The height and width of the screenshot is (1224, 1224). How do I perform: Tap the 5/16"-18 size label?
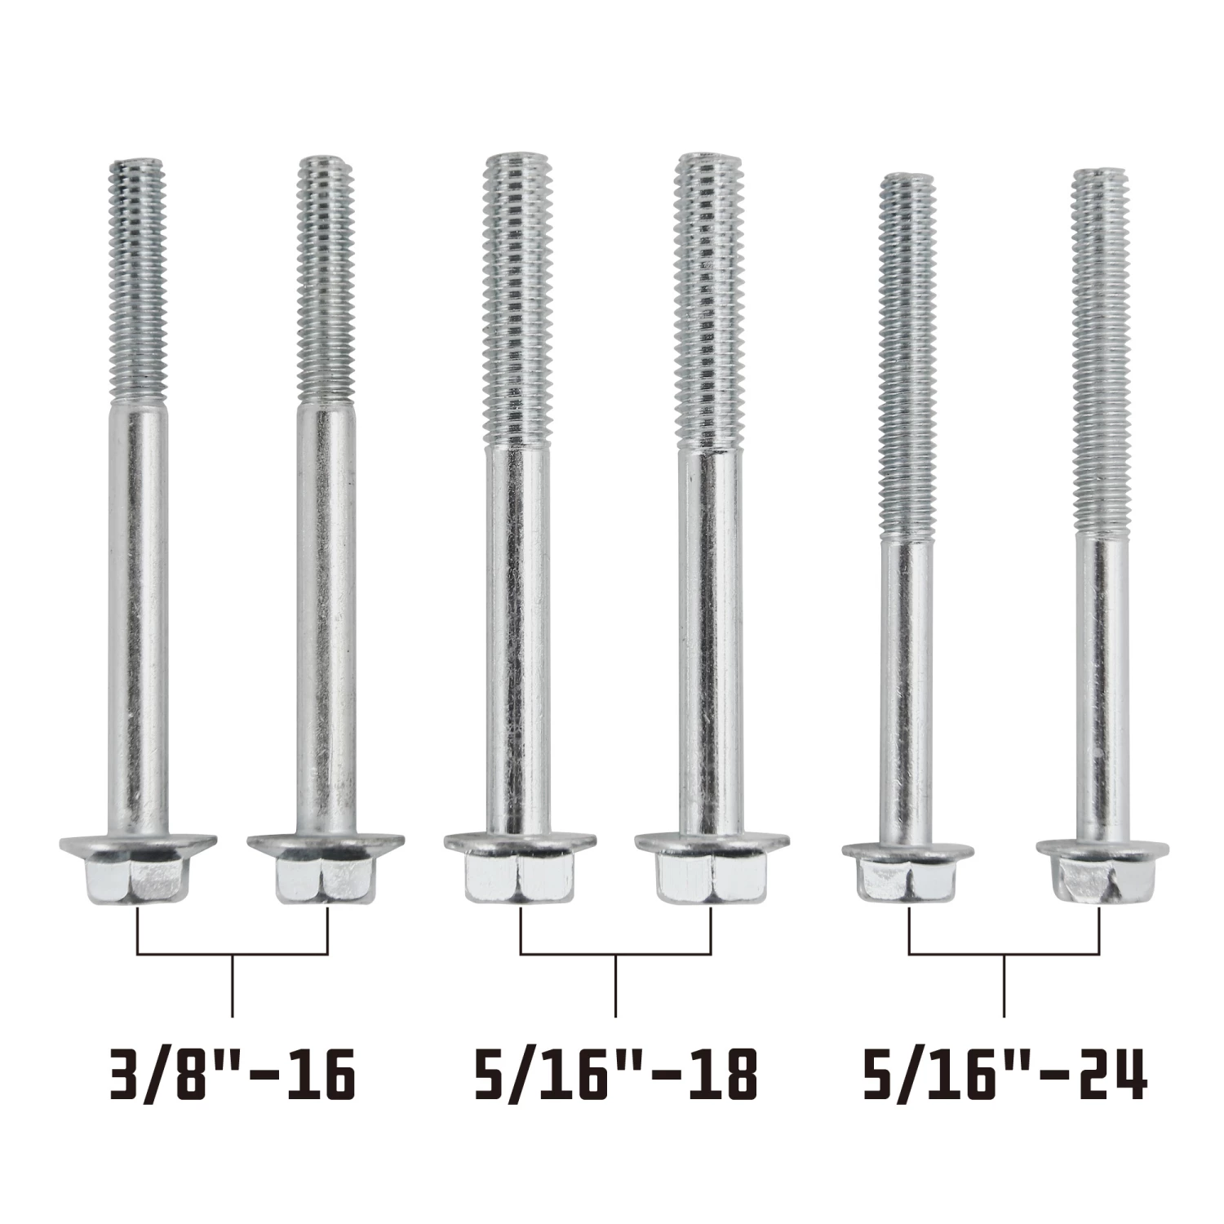tap(615, 1075)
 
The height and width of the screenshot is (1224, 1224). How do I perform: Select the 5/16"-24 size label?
tap(1004, 1075)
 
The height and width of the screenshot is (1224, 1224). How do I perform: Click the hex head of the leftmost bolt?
tap(138, 869)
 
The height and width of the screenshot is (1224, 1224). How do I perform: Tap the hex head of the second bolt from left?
tap(326, 869)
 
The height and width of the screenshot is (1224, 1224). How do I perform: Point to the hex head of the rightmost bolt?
tap(1102, 871)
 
